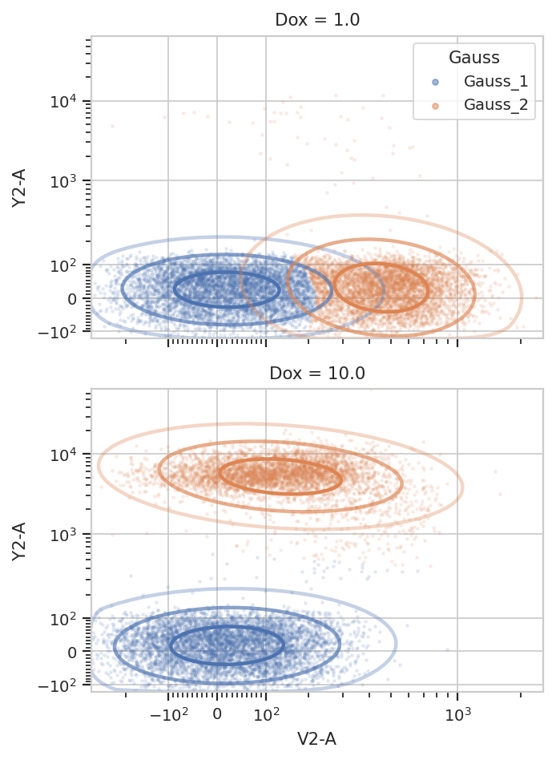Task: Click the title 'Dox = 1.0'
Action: [317, 20]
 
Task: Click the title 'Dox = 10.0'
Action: [317, 374]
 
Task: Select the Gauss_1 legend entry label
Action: [495, 82]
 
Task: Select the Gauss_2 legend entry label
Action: [495, 105]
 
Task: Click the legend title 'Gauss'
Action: [473, 57]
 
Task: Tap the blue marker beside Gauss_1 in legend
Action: [435, 82]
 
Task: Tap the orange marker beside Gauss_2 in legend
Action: [435, 106]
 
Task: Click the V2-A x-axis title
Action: [316, 739]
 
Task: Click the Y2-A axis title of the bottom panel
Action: [18, 541]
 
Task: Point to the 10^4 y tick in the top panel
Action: [63, 101]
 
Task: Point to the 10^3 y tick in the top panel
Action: [63, 181]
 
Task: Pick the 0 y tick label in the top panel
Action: [72, 299]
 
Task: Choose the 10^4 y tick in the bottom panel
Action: [63, 455]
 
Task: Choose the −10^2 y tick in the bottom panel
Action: [57, 685]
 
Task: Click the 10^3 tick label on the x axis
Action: [457, 714]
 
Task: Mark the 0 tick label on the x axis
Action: [217, 714]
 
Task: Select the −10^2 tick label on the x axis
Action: [168, 714]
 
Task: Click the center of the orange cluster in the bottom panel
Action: [281, 476]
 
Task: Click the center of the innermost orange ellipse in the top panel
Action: [381, 288]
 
